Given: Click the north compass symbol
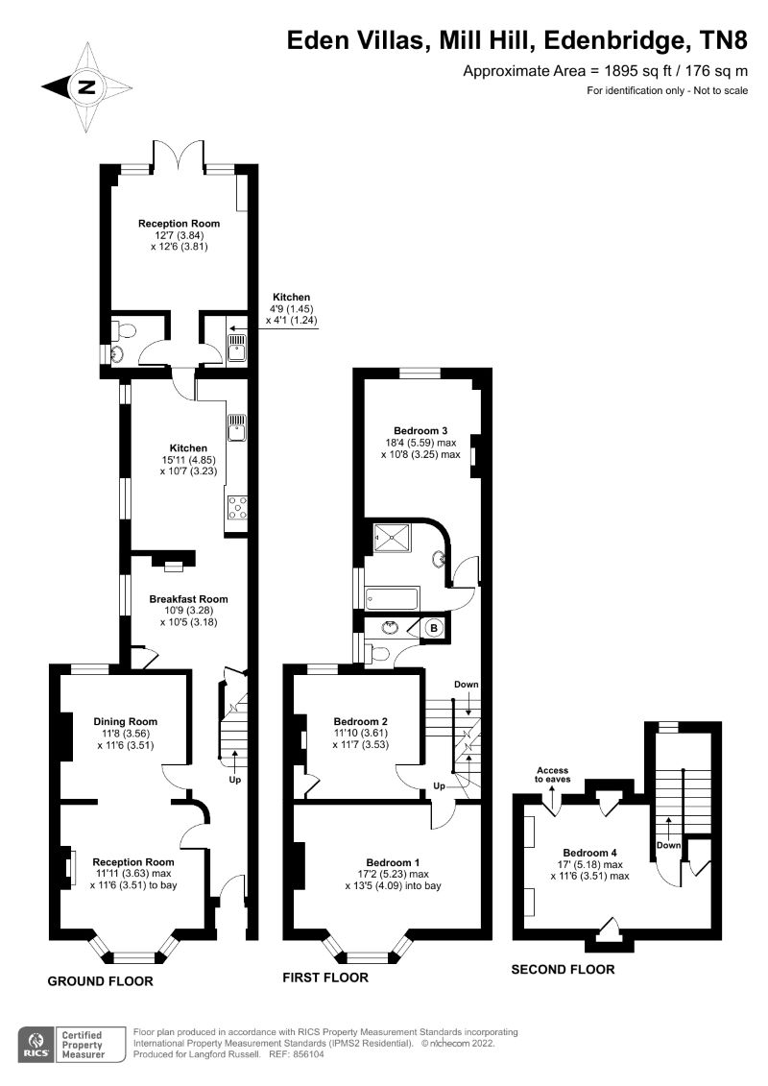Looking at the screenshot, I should (87, 87).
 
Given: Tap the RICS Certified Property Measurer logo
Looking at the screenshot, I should (72, 1044).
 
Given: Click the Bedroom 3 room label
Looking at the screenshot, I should (420, 430).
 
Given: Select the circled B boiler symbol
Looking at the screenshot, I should (433, 629).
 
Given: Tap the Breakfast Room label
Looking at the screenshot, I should (188, 599).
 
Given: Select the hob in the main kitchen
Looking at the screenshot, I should (237, 509).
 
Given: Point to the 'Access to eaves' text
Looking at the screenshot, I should (552, 774).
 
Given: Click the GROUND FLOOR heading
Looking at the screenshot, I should (101, 981).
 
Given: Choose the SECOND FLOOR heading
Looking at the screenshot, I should (563, 969).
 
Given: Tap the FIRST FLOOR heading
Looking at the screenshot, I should (324, 977).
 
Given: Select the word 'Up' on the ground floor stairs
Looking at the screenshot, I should (234, 780).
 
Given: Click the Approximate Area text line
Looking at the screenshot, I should (605, 71).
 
